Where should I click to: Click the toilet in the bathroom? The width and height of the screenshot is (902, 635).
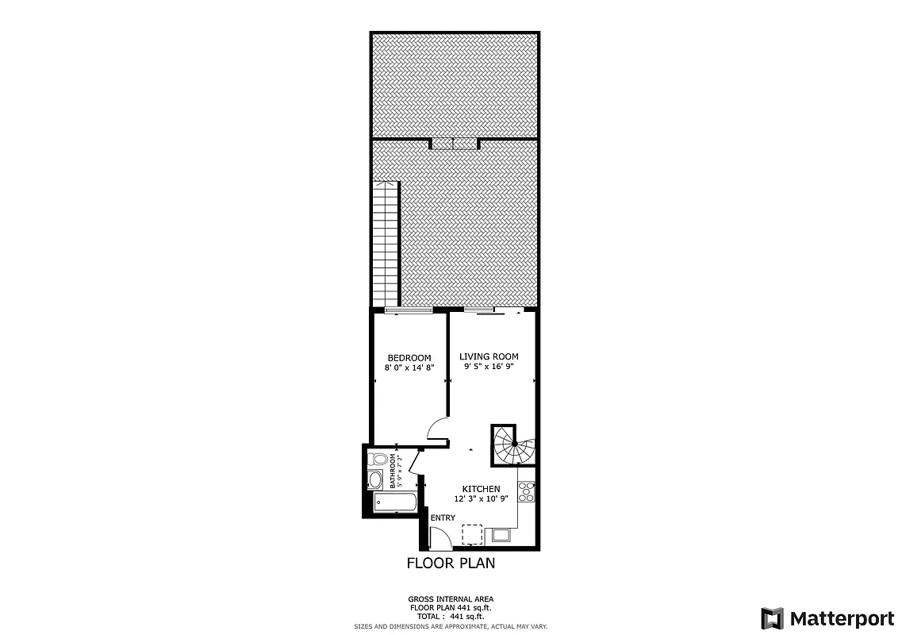(378, 459)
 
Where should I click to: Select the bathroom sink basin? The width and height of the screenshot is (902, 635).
(375, 479)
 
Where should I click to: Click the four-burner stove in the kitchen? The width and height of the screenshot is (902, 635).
(526, 491)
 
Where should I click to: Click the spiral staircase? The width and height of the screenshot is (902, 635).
(512, 444)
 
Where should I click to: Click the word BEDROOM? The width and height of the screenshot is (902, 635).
(409, 358)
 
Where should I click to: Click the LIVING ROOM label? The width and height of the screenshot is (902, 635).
(489, 356)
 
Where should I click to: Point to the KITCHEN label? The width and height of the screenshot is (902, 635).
(482, 489)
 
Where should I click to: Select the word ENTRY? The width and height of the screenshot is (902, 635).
(443, 518)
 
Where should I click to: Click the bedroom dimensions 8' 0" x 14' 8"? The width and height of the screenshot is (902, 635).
(409, 368)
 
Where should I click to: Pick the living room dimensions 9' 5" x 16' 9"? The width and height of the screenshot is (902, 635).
(489, 367)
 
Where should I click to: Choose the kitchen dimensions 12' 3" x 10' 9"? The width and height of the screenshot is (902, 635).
(481, 499)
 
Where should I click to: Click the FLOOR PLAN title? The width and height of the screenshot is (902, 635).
(451, 564)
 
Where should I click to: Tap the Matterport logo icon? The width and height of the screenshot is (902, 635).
(772, 618)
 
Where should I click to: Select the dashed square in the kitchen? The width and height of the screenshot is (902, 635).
(472, 534)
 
